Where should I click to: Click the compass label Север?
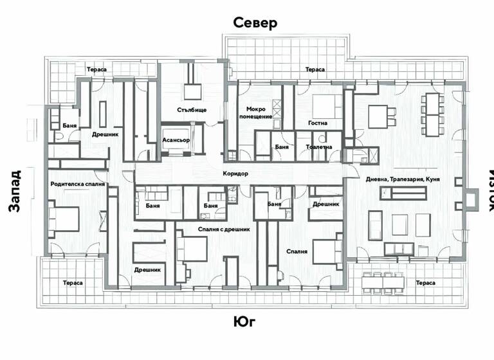click(255, 24)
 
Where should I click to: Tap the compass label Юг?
click(245, 321)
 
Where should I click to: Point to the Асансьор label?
click(177, 139)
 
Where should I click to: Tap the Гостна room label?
click(318, 123)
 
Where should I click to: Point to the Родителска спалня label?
click(77, 184)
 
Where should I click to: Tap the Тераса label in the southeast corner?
click(425, 283)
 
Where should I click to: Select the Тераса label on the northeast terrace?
click(315, 69)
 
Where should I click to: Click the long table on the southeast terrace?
click(383, 282)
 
